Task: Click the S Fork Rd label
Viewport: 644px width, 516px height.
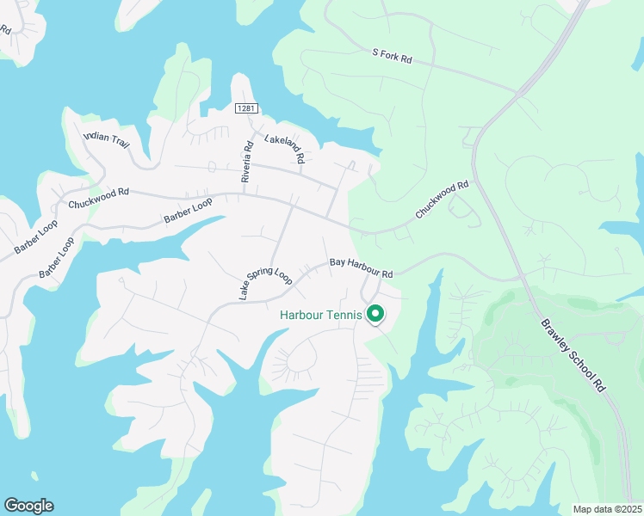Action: coord(393,57)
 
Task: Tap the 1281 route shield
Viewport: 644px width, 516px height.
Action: coord(247,107)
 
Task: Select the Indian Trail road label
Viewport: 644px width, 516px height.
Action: coord(106,140)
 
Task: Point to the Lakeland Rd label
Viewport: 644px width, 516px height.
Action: coord(285,149)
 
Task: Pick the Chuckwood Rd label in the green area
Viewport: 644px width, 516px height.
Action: coord(442,199)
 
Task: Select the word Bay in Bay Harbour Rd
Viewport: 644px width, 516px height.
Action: coord(338,263)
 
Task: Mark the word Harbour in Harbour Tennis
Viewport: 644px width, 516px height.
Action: coord(305,315)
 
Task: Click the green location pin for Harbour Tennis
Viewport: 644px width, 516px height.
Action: coord(375,314)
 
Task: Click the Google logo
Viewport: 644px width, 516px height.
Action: coord(28,506)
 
